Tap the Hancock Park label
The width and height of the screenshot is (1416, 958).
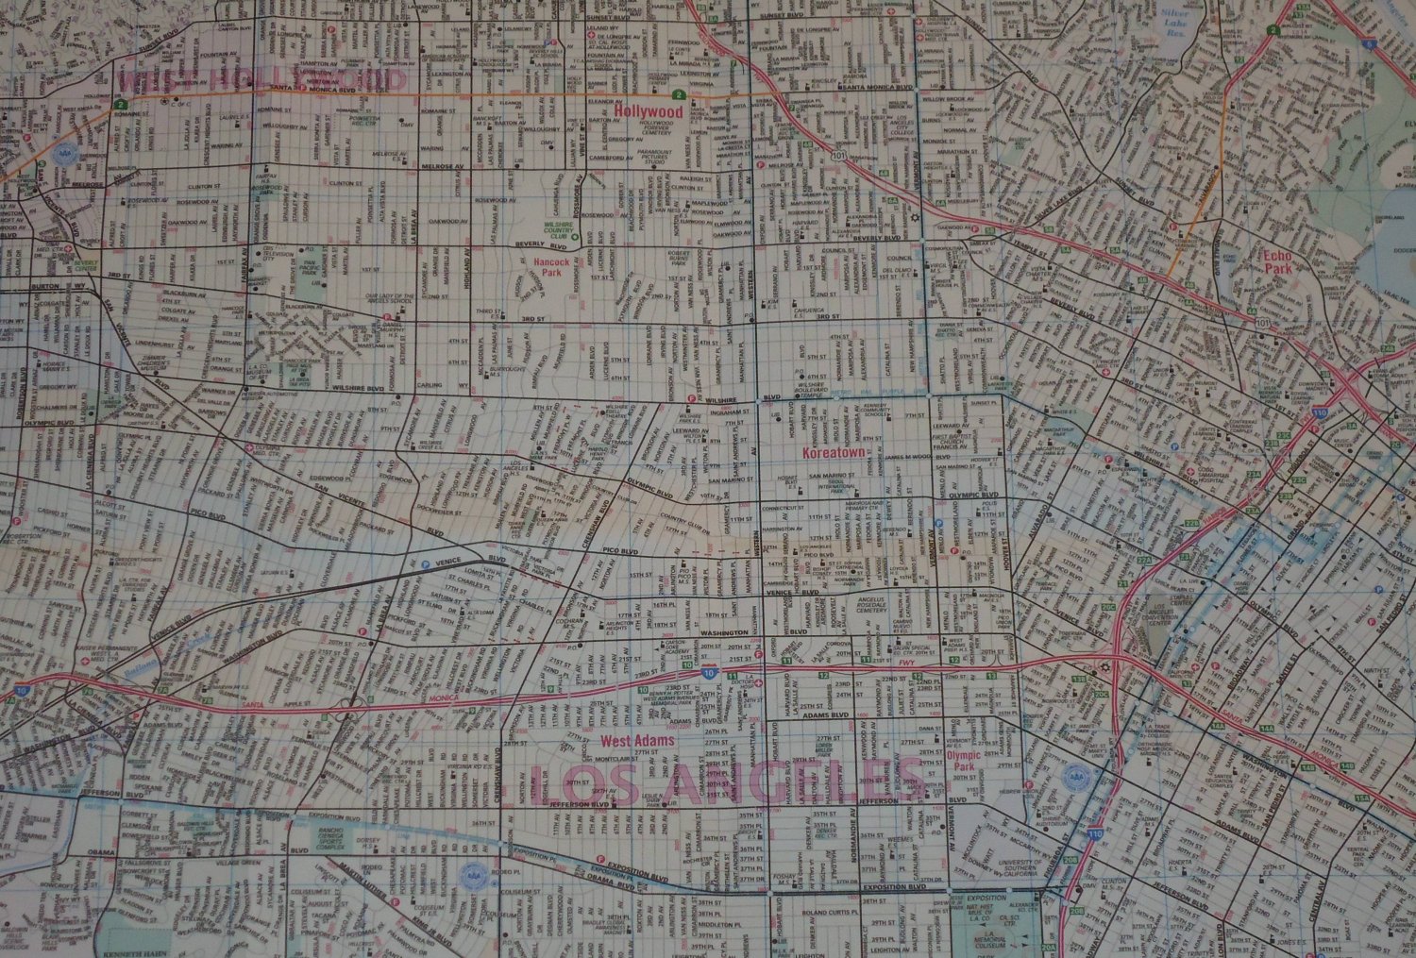click(547, 272)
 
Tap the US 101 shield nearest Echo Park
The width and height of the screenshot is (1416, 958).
click(1264, 323)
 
